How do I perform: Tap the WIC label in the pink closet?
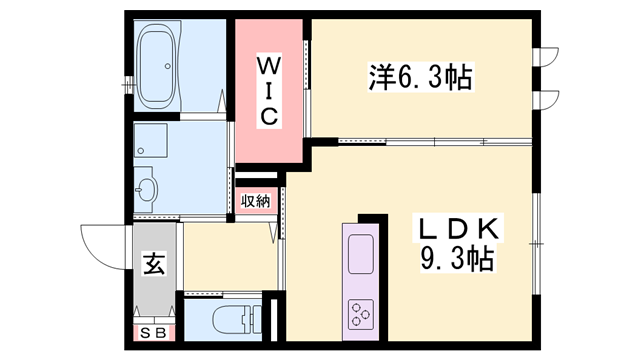point(269,91)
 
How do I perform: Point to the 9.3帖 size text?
point(456,262)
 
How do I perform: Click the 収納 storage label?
point(255,201)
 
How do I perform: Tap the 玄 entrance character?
point(155,266)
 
